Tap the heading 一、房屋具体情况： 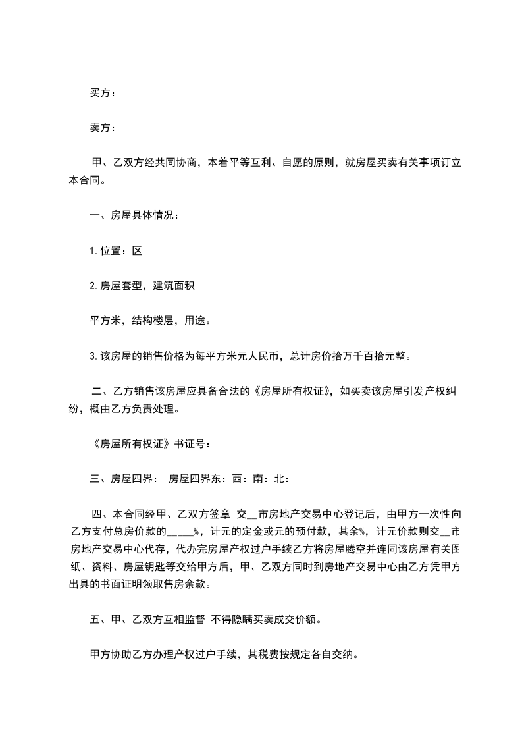pos(133,215)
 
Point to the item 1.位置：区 pos(116,250)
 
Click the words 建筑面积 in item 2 pos(174,285)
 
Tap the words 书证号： pos(193,443)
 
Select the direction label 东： pos(216,479)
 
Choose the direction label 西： pos(234,479)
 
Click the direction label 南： pos(254,479)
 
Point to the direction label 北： pos(278,479)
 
